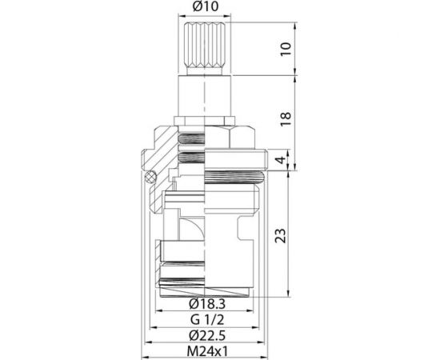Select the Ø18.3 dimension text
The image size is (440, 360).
pyautogui.click(x=206, y=305)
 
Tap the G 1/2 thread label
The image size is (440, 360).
pyautogui.click(x=206, y=320)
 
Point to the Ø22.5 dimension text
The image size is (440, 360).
pyautogui.click(x=206, y=335)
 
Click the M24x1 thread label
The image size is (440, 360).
pyautogui.click(x=206, y=350)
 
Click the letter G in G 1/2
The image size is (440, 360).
pyautogui.click(x=193, y=320)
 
